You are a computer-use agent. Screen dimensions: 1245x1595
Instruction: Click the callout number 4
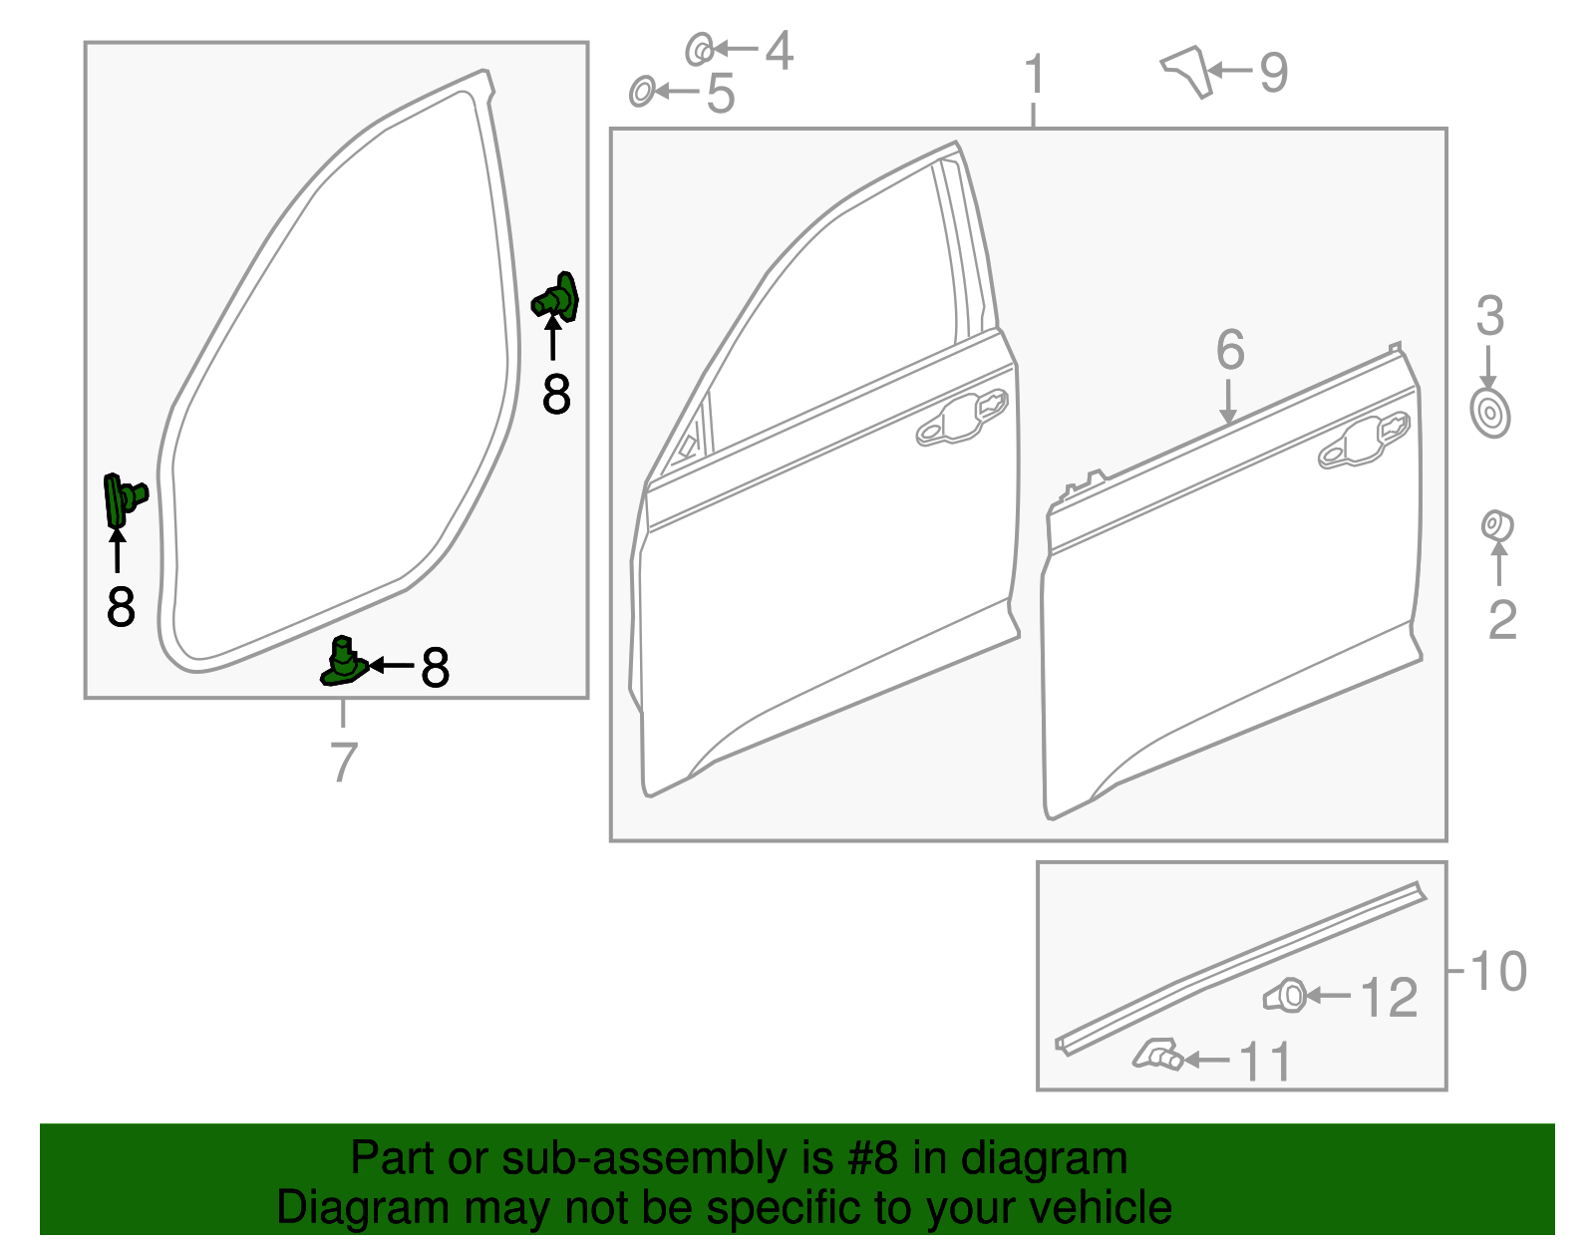pyautogui.click(x=779, y=51)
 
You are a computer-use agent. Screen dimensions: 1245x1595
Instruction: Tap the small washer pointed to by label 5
pyautogui.click(x=642, y=92)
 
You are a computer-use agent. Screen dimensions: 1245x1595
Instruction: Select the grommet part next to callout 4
pyautogui.click(x=700, y=49)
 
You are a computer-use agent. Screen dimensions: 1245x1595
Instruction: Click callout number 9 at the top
pyautogui.click(x=1273, y=73)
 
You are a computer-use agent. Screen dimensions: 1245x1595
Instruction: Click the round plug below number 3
pyautogui.click(x=1489, y=413)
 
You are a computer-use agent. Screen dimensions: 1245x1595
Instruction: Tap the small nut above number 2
pyautogui.click(x=1496, y=525)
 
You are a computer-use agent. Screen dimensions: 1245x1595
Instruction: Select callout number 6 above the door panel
pyautogui.click(x=1230, y=350)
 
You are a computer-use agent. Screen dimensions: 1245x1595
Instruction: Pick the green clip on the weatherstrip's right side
pyautogui.click(x=556, y=298)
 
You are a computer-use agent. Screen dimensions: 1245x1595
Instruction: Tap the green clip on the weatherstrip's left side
pyautogui.click(x=124, y=498)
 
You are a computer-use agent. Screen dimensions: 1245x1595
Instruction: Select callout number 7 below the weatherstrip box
pyautogui.click(x=343, y=763)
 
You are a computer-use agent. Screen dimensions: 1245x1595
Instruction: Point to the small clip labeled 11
pyautogui.click(x=1158, y=1055)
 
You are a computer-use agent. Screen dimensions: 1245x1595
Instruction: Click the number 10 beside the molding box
pyautogui.click(x=1497, y=971)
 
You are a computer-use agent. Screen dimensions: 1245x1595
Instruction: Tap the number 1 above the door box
pyautogui.click(x=1035, y=76)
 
